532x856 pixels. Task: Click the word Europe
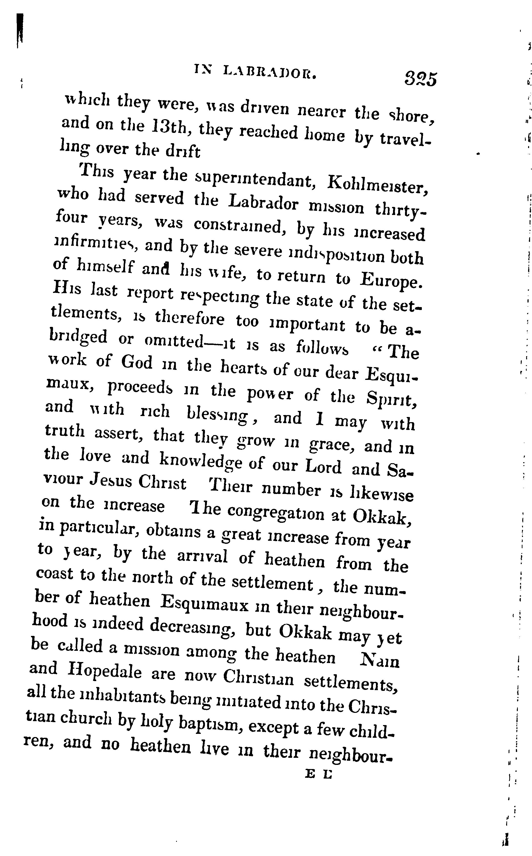coord(391,280)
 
